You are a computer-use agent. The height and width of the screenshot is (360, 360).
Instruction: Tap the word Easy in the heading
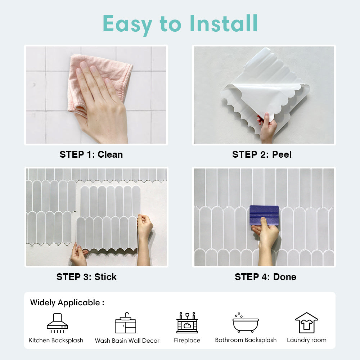point(127,25)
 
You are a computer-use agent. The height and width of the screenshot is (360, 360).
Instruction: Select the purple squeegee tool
point(264,215)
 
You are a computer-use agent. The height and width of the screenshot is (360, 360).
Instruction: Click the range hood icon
point(57,323)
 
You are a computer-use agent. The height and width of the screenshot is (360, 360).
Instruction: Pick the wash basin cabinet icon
point(125,323)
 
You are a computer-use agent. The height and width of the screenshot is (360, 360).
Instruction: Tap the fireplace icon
point(187,323)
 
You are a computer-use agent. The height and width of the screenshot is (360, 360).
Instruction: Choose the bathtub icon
point(246,323)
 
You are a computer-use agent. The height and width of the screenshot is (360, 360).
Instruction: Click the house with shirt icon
point(307,323)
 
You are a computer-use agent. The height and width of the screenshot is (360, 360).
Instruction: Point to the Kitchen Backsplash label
point(56,340)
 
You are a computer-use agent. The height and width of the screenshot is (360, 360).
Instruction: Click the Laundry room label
point(307,340)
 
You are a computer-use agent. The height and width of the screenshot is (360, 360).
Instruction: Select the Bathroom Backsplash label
point(246,340)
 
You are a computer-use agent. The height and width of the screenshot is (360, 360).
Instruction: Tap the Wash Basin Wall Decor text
point(127,341)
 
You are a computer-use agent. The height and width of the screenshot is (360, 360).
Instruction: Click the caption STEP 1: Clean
point(91,154)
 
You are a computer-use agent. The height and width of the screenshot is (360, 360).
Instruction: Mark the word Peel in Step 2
point(282,154)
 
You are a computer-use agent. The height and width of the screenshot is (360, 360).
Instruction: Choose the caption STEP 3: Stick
point(86,277)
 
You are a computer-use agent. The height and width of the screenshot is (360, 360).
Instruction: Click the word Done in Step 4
point(285,277)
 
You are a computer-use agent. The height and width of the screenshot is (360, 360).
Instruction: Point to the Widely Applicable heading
point(67,303)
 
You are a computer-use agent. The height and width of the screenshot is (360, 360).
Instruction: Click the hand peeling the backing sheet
point(267,127)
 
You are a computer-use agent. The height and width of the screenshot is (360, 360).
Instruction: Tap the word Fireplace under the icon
point(187,340)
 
